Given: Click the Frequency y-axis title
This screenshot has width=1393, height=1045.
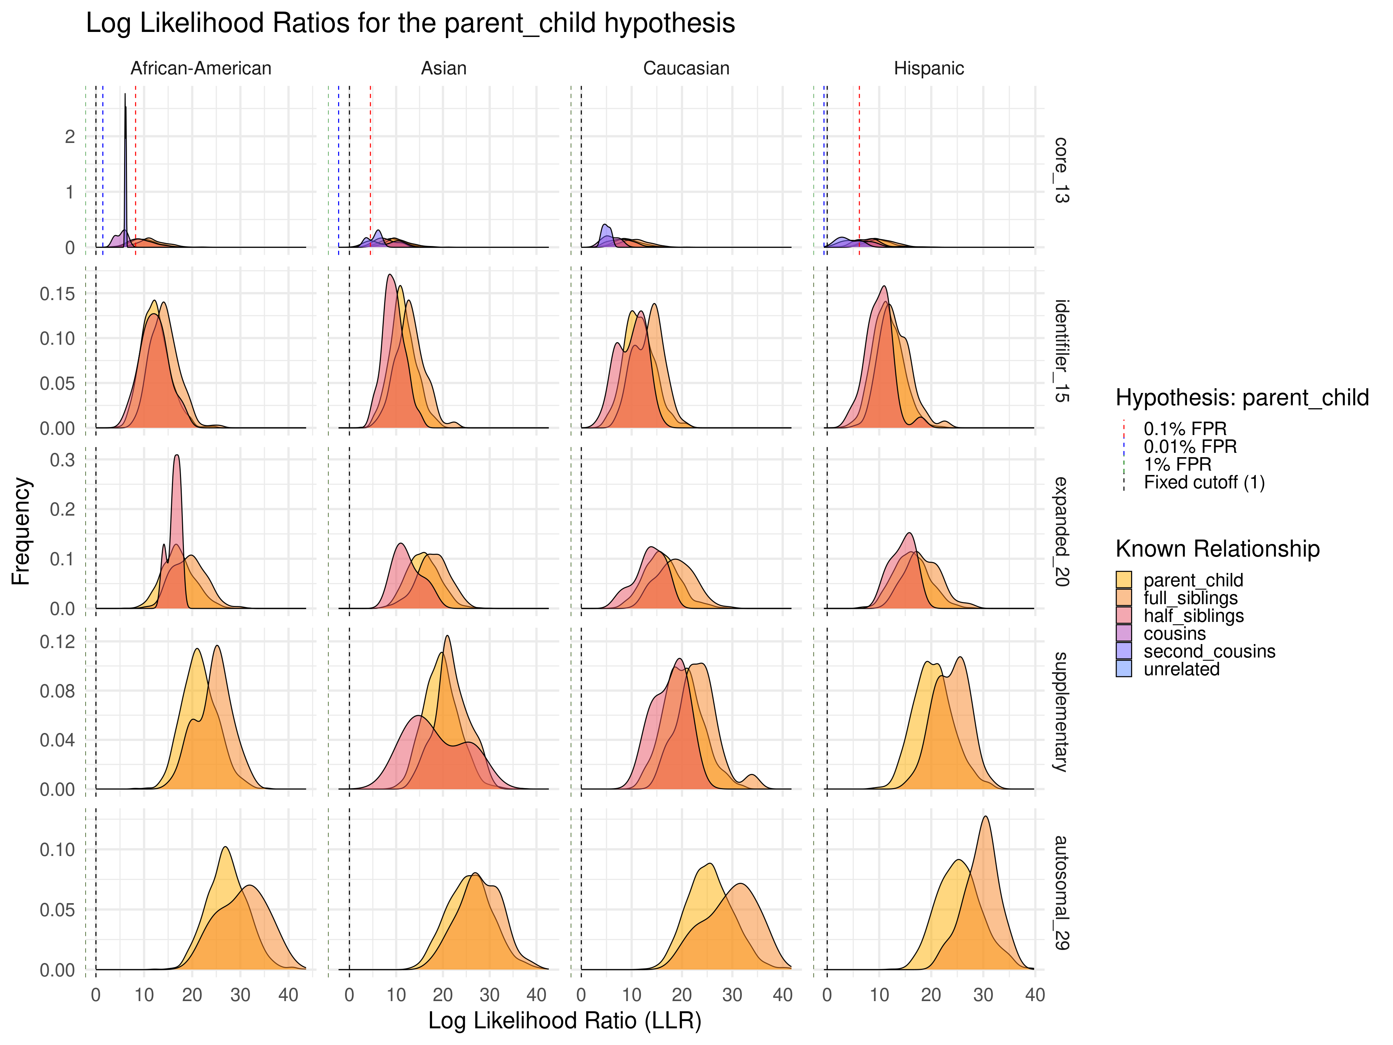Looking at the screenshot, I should coord(21,531).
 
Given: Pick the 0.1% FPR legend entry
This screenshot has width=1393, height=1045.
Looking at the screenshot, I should coord(1184,429).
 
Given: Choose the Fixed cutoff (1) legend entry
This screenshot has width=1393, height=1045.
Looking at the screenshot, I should coord(1203,483).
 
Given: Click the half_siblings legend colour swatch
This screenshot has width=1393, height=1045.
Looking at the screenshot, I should coord(1123,615).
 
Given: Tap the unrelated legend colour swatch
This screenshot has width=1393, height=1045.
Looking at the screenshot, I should coord(1123,669).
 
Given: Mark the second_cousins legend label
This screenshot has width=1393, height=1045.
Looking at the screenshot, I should coord(1209,651).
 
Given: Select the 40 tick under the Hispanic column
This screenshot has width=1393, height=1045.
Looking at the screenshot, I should coord(1035,995).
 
